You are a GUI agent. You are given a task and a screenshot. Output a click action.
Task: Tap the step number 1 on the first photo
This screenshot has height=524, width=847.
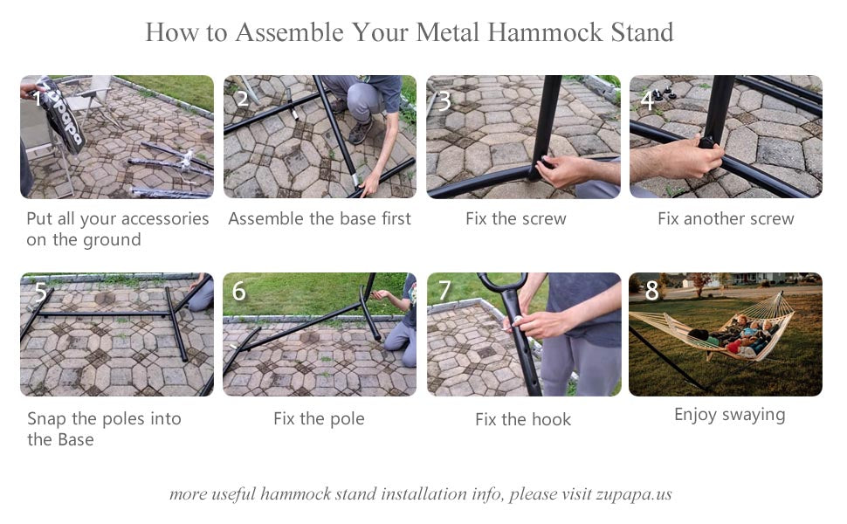tap(38, 99)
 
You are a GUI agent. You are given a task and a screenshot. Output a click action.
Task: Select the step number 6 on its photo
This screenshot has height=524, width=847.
tap(238, 291)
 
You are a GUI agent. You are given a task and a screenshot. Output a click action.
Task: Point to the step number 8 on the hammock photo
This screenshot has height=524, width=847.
tap(651, 291)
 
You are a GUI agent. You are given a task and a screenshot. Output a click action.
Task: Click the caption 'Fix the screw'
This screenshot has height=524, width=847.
tap(516, 219)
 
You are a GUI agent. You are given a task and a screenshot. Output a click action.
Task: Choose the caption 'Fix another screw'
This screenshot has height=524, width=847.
tap(726, 219)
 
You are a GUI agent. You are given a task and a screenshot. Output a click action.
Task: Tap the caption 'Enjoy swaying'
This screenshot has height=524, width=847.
tap(729, 415)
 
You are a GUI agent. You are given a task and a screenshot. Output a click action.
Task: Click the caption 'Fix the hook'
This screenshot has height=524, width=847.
tap(523, 419)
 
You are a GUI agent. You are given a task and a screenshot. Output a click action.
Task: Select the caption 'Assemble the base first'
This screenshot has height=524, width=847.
tap(320, 219)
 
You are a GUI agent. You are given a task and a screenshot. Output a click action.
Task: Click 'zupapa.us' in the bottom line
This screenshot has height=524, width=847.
tap(634, 494)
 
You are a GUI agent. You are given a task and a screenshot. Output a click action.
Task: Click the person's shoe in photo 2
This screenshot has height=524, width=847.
tap(361, 131)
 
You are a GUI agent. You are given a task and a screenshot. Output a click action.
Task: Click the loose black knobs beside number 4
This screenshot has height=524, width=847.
tap(664, 95)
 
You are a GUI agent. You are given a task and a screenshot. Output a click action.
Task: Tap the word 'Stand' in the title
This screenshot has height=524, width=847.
tap(643, 32)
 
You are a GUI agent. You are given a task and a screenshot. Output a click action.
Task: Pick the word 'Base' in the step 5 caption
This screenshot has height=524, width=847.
tap(76, 440)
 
